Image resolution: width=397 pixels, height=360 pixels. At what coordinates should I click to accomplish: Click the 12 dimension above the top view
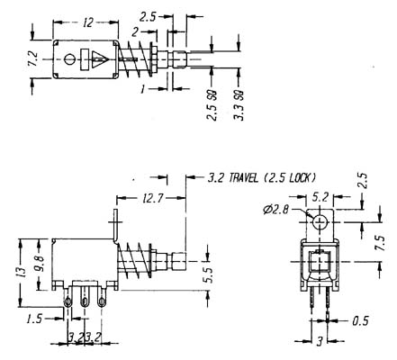[x=88, y=22]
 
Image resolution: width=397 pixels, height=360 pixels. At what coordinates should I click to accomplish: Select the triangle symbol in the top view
[x=100, y=59]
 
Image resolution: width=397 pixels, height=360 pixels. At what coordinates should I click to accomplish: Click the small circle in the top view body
[x=69, y=59]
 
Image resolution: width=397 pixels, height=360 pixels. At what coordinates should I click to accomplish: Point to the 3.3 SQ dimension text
[x=239, y=105]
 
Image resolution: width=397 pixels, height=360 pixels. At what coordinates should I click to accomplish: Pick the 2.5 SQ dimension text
[x=212, y=105]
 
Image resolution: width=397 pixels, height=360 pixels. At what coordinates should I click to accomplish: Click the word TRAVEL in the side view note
[x=243, y=178]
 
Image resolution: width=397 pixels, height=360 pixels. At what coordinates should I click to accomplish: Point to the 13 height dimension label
[x=22, y=272]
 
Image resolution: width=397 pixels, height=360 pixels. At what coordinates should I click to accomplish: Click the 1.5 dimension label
[x=34, y=319]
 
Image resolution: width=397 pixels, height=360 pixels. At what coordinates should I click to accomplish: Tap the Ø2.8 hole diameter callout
[x=275, y=210]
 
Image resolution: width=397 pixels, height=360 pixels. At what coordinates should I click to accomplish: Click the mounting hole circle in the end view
[x=320, y=222]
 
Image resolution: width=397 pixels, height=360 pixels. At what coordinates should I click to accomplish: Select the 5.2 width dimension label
[x=320, y=197]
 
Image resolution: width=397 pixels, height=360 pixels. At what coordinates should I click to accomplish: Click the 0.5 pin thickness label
[x=360, y=321]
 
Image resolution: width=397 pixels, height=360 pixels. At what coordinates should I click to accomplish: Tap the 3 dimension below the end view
[x=320, y=341]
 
